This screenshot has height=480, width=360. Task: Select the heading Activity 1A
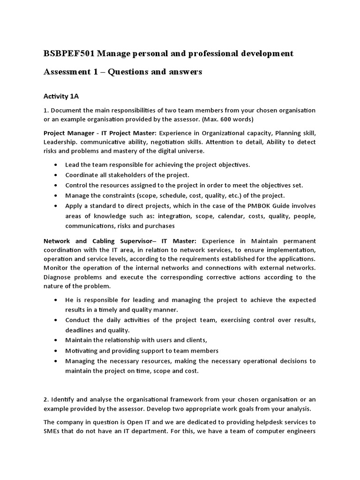click(61, 96)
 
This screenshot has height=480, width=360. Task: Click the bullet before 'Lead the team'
click(57, 165)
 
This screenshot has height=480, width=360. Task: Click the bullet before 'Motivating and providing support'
click(57, 351)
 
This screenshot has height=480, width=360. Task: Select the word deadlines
click(80, 330)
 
